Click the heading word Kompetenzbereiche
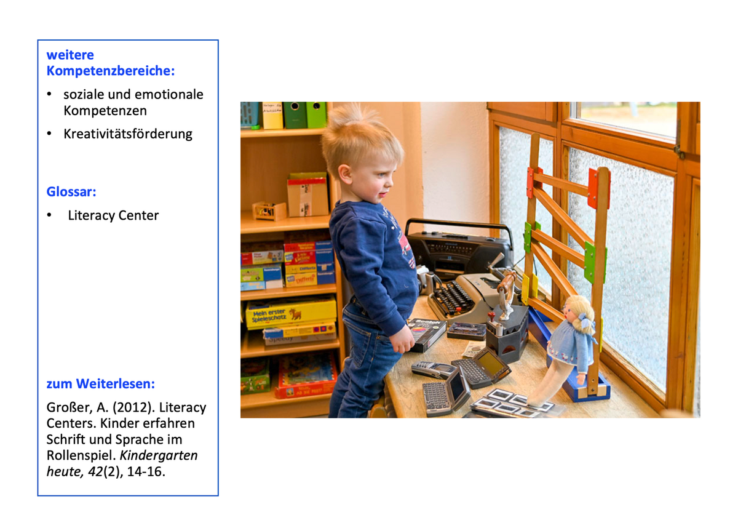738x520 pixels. pos(110,71)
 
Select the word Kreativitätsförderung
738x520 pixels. pos(128,134)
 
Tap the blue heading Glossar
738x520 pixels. pos(71,191)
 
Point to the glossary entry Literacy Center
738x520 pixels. pos(113,215)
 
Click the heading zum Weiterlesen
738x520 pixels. pos(100,384)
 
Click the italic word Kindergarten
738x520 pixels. pos(159,455)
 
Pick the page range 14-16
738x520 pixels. pos(146,471)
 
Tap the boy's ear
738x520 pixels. pos(344,174)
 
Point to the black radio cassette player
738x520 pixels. pos(459,250)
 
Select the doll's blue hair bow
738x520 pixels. pos(585,321)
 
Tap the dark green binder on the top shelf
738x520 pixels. pos(295,115)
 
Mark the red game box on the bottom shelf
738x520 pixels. pos(307,376)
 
